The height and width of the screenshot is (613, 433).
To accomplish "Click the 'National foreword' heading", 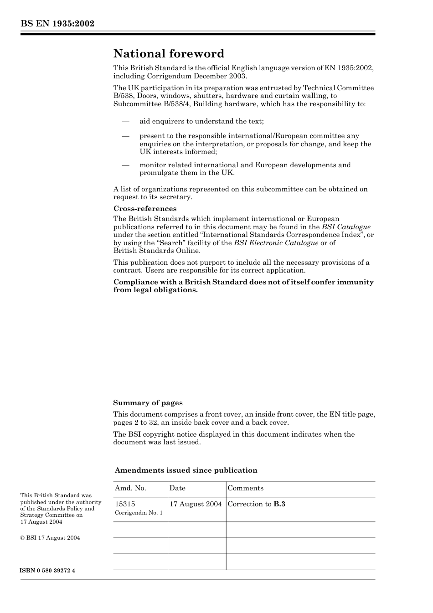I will coord(169,54).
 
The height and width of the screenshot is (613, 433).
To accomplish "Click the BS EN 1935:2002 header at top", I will coord(57,24).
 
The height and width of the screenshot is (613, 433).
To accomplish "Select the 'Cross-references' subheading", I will coord(144,209).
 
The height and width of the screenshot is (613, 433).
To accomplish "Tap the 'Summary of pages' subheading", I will coord(148,403).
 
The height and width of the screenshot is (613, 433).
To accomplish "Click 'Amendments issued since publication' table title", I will coord(186,470).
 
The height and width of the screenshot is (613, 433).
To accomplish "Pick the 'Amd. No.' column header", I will coord(130,488).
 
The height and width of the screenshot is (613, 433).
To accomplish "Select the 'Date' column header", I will coord(177,488).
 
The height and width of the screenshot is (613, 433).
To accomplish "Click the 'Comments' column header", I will coord(245,488).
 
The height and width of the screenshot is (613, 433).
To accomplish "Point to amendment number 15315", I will coord(125,504).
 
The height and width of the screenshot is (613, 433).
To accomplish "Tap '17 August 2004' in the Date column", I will coord(196,504).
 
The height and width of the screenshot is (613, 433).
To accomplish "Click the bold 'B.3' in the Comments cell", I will coord(279,504).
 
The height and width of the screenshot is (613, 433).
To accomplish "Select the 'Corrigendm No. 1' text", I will coord(139,513).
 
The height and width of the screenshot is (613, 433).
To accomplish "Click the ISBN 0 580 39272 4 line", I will coord(47,571).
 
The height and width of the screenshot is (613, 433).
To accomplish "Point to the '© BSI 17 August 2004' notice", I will coord(50,538).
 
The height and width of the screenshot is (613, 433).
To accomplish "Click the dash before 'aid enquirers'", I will coord(125,121).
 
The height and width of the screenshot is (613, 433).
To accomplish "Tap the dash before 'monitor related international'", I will coord(125,165).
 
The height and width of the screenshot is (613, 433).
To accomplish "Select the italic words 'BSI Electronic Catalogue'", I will coord(276,243).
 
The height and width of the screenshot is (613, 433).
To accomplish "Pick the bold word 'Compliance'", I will coord(133,282).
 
